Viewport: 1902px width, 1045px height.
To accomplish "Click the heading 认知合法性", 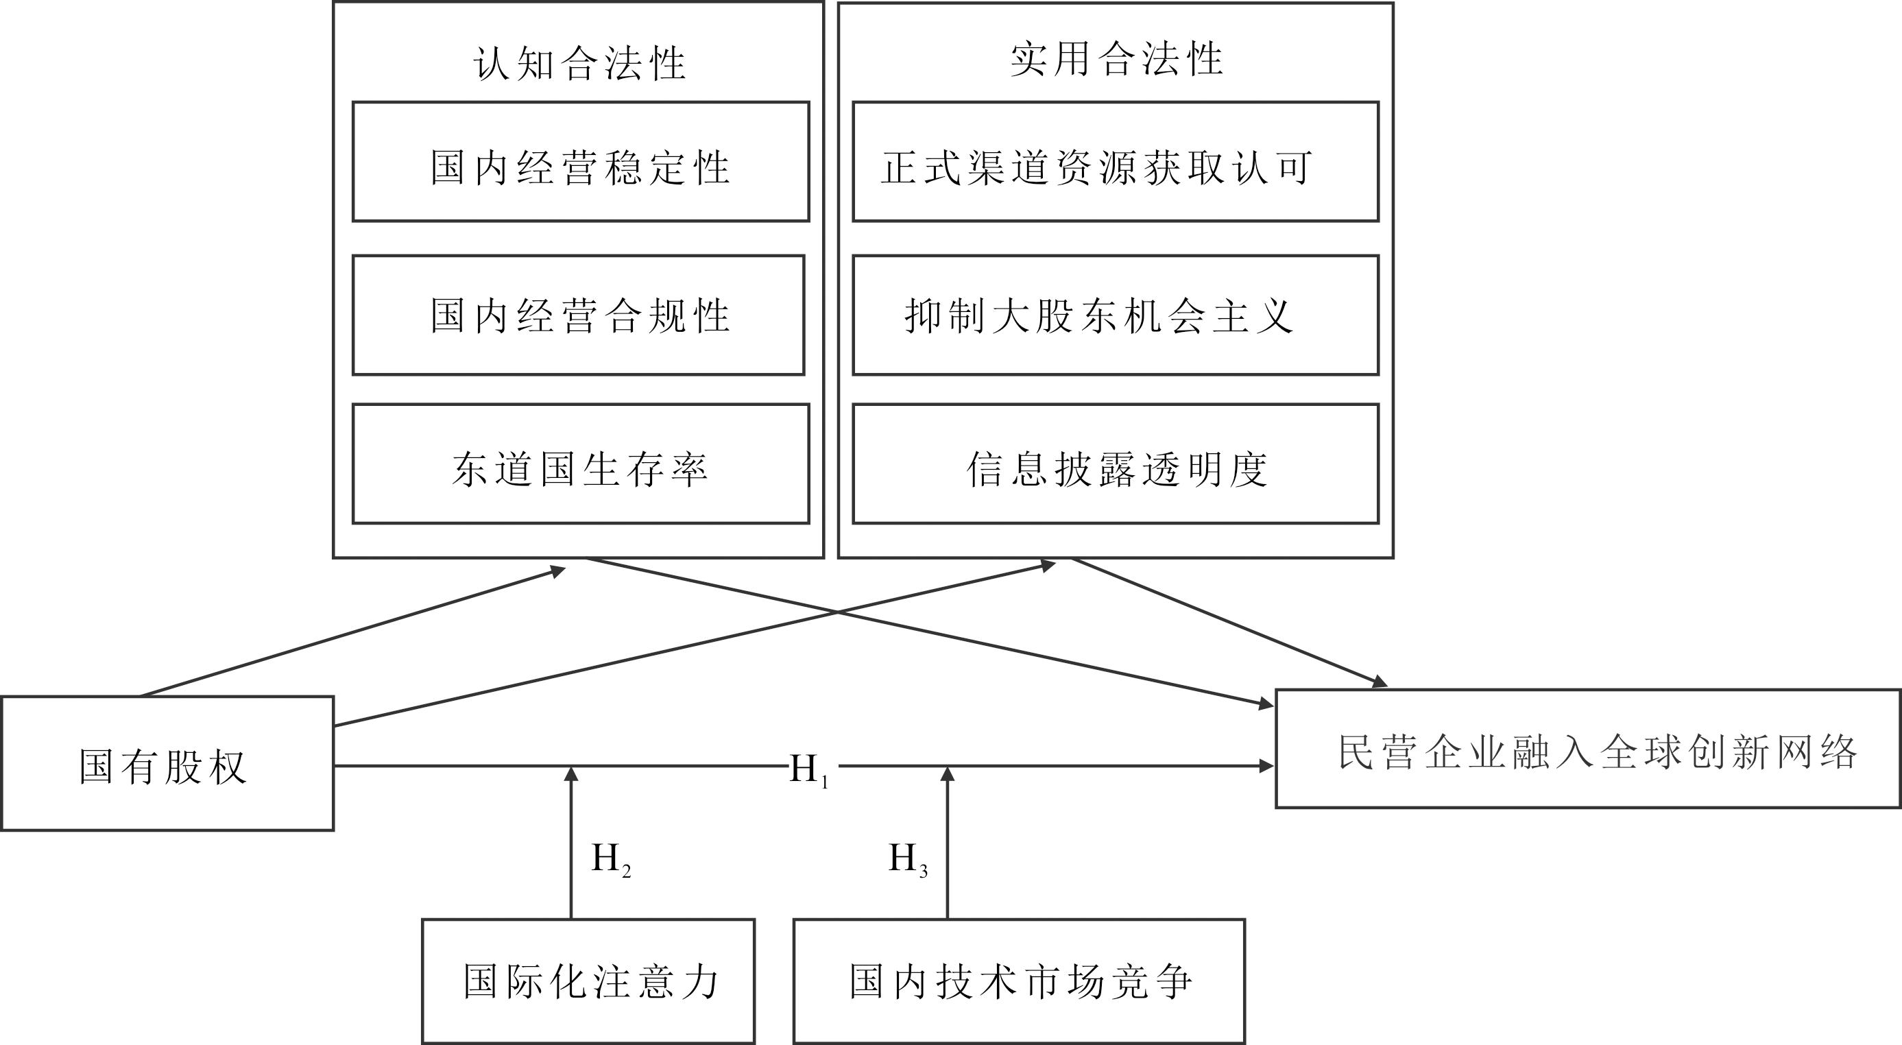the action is point(579,63).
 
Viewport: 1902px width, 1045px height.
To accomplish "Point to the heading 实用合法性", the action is point(1116,59).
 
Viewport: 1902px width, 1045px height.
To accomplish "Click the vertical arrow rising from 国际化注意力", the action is point(570,843).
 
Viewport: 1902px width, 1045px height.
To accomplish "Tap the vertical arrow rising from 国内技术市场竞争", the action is point(948,843).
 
